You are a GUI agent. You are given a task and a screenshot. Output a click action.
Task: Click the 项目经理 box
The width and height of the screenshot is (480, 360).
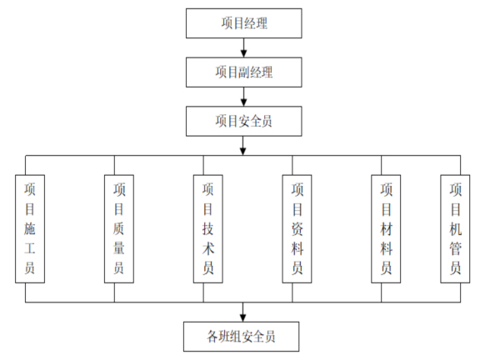point(242,23)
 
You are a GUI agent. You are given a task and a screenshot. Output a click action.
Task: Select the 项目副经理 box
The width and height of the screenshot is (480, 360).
point(242,72)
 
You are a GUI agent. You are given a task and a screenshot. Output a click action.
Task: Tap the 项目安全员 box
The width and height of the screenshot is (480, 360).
point(242,122)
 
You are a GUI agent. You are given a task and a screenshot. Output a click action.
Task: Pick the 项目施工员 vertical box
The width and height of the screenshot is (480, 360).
point(31,228)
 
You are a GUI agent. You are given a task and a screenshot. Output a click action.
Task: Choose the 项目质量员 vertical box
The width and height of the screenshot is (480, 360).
point(119,228)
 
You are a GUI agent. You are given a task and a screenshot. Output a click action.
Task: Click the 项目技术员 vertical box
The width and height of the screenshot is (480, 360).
point(208,228)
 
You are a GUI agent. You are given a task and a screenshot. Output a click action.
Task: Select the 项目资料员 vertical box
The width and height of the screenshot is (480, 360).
point(297,228)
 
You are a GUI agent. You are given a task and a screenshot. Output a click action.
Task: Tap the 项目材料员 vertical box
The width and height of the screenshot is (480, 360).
point(386,228)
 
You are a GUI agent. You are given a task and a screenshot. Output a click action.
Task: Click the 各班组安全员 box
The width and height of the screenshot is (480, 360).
point(242,337)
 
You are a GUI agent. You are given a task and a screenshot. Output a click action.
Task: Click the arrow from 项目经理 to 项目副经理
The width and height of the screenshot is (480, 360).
point(242,48)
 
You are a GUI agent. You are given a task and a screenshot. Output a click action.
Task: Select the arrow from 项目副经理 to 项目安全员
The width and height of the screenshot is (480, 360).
point(242,97)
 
